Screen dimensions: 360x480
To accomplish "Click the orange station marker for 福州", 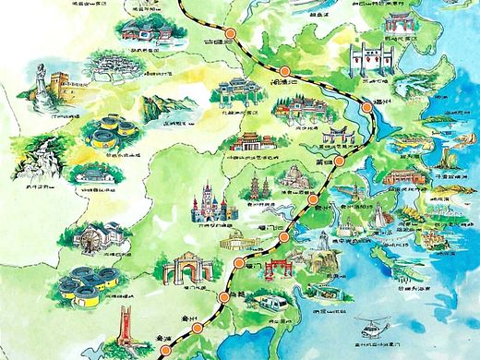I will (x=368, y=109).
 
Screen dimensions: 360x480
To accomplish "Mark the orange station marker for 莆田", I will (x=338, y=161).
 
